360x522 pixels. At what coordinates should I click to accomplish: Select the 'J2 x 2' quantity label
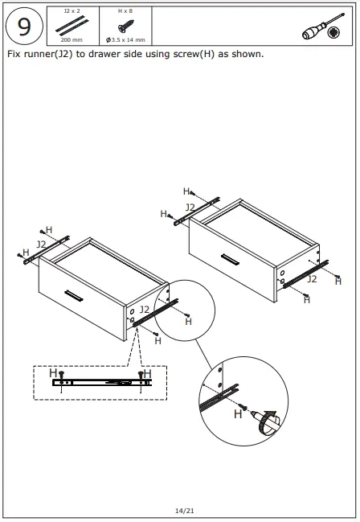[x=72, y=11]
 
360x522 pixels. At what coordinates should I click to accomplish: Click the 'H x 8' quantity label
[x=125, y=11]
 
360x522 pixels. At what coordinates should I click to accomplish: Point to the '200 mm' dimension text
[x=72, y=39]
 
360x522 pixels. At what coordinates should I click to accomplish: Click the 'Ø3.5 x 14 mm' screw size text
[x=125, y=39]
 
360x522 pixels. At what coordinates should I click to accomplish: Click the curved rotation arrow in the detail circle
[x=268, y=421]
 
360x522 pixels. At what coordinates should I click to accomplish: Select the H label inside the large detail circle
[x=238, y=413]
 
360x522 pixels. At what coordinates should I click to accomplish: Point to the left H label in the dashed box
[x=53, y=373]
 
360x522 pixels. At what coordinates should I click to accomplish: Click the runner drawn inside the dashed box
[x=101, y=383]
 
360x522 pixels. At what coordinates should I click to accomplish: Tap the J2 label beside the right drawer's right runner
[x=312, y=279]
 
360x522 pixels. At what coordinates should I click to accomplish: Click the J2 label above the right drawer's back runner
[x=190, y=208]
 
